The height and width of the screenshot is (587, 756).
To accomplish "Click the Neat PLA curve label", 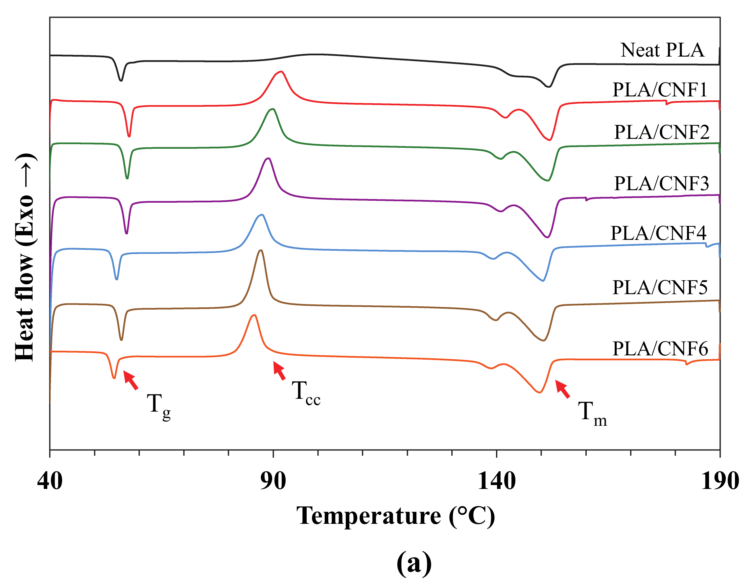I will coord(662,50).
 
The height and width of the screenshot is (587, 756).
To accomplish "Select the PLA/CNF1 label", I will coord(660,90).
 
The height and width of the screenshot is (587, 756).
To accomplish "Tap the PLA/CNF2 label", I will coord(661,132).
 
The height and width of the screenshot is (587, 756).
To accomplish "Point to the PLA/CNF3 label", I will coord(661,184).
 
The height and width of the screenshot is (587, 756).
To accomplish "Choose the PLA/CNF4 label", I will coord(658,233).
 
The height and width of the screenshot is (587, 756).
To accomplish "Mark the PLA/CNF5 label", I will coord(660,288).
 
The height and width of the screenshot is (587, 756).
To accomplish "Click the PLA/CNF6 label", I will coord(660,349).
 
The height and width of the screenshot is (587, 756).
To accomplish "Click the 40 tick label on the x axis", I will coord(50,481).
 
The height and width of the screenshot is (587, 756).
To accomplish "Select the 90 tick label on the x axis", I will coord(273,481).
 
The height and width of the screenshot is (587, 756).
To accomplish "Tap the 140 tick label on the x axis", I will coord(496,481).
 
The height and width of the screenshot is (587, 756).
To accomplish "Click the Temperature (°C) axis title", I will coord(396,516).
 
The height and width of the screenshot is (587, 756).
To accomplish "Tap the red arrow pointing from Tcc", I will coord(279,370).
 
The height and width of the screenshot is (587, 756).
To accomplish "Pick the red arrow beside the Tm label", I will coord(562,389).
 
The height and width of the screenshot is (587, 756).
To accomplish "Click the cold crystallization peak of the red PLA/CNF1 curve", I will coord(281,72).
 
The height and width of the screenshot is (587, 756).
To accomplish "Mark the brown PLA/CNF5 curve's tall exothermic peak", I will coord(261,250).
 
